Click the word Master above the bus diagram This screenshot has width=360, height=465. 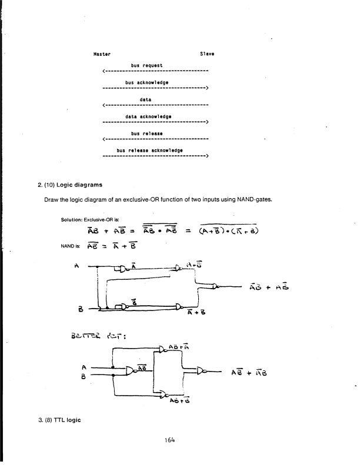[x=102, y=53]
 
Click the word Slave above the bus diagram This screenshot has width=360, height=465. [x=206, y=53]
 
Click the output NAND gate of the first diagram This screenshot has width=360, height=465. [x=216, y=286]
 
